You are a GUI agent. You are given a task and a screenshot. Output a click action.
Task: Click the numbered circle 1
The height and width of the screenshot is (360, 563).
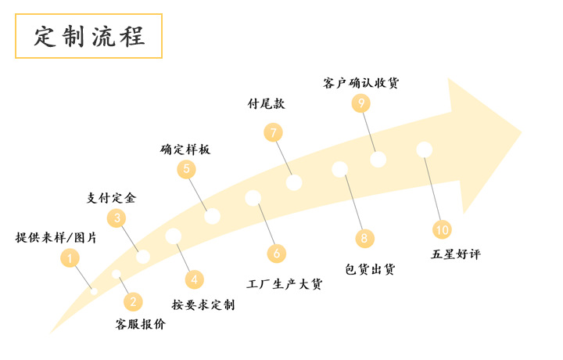[x=70, y=258]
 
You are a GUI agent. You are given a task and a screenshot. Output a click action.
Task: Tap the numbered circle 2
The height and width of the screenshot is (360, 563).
[x=133, y=301]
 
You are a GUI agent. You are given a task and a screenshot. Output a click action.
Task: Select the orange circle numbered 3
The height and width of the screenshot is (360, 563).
[x=117, y=218]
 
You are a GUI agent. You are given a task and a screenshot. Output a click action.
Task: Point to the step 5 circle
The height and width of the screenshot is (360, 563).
[x=186, y=168]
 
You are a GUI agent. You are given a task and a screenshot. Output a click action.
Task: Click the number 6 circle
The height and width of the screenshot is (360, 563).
[x=276, y=253]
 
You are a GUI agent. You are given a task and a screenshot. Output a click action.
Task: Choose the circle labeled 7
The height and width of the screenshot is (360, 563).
[x=273, y=132]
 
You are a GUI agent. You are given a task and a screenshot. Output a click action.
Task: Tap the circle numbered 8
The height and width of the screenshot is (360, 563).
[x=364, y=238]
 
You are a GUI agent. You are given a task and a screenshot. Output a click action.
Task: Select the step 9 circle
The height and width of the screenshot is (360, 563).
[x=361, y=103]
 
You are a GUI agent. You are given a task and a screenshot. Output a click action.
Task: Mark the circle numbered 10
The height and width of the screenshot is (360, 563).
[x=443, y=229]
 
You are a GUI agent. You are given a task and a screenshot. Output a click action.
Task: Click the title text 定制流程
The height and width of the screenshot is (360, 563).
[x=89, y=37]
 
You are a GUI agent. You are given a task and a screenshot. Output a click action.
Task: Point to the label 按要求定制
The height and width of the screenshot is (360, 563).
[x=203, y=304]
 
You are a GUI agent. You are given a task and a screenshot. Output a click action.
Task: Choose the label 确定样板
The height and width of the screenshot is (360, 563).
[x=186, y=149]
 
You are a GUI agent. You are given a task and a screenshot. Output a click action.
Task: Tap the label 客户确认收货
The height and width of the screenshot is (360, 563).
[x=366, y=82]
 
